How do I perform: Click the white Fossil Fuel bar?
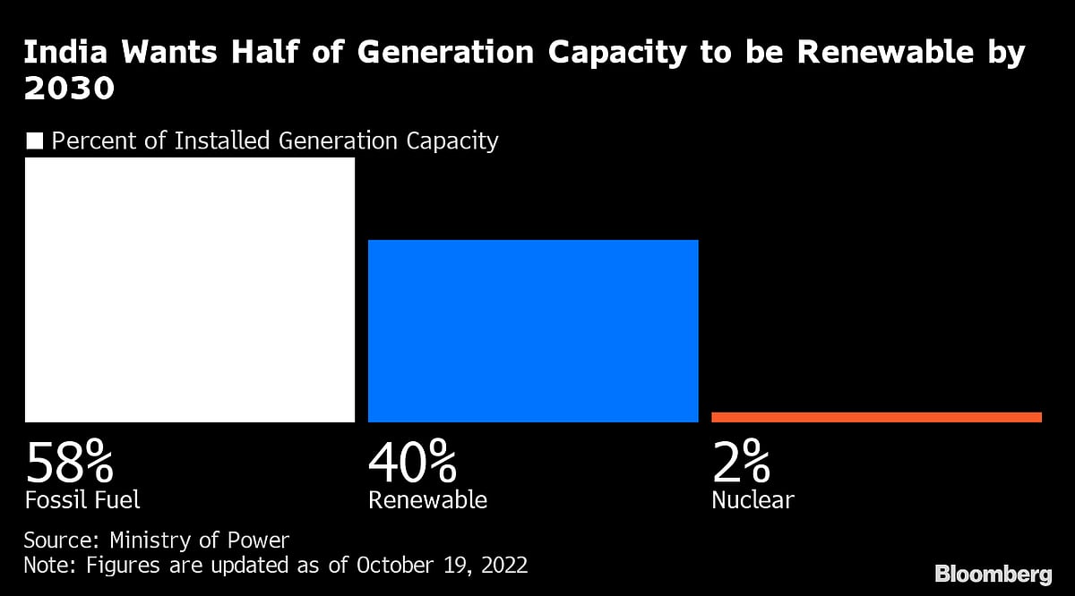tap(190, 289)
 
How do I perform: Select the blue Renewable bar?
tap(533, 330)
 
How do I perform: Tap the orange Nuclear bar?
tap(876, 417)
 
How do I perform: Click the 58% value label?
tap(69, 464)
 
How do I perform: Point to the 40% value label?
tap(412, 464)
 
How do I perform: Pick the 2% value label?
tap(741, 464)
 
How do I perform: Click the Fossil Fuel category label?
tap(82, 499)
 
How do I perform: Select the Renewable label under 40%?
tap(427, 499)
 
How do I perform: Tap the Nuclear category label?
tap(752, 499)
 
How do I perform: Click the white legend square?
tap(35, 140)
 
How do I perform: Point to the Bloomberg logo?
tap(993, 574)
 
